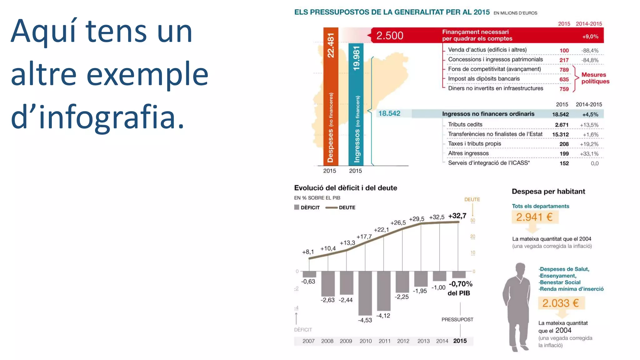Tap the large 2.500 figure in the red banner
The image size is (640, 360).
(x=389, y=36)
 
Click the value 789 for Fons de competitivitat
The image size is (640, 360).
(x=564, y=70)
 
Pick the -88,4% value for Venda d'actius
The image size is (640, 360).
(x=590, y=51)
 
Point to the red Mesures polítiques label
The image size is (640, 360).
(x=595, y=78)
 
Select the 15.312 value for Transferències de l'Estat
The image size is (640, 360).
(x=560, y=135)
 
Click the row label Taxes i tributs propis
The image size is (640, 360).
(x=474, y=144)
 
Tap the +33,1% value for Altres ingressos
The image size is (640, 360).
(x=589, y=154)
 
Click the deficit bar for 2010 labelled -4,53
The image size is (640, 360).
(x=365, y=293)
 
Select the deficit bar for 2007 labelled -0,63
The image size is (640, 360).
(x=309, y=274)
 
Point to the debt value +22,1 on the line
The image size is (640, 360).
(x=381, y=230)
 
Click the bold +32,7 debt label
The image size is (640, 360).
(x=457, y=216)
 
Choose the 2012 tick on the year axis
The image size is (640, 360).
(x=403, y=341)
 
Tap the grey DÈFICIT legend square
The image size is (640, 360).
(x=297, y=207)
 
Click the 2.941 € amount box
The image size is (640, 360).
(x=534, y=217)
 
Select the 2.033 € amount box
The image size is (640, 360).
(x=561, y=303)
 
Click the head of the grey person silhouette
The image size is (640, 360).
(x=520, y=269)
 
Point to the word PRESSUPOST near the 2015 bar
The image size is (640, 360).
(x=457, y=320)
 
